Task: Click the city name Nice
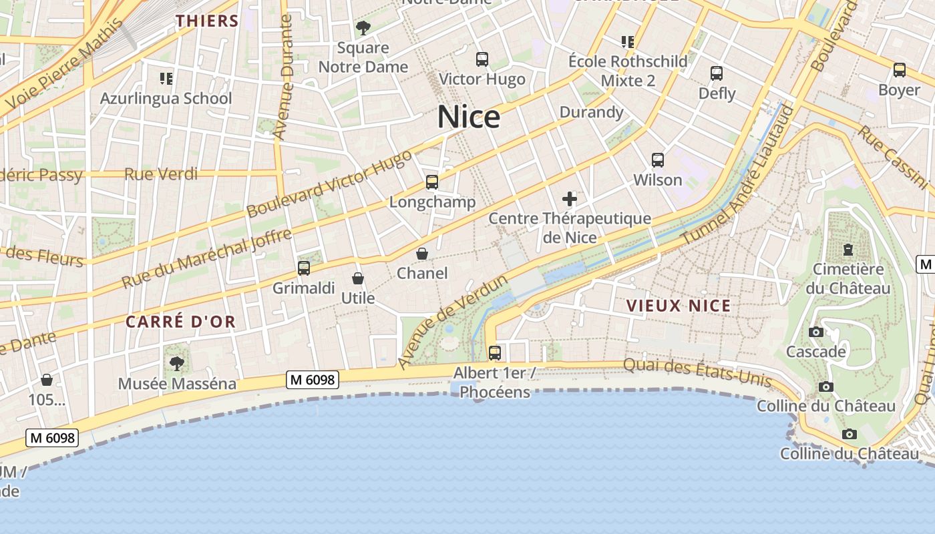click(x=469, y=117)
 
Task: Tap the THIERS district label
click(x=207, y=21)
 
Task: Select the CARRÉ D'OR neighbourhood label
click(x=181, y=322)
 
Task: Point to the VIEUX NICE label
click(x=678, y=306)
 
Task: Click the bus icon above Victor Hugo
click(x=482, y=59)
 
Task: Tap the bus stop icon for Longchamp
click(x=432, y=182)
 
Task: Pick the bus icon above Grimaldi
click(x=304, y=268)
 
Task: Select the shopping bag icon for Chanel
click(x=422, y=254)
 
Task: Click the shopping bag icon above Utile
click(x=358, y=278)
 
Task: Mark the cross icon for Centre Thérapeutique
click(x=570, y=199)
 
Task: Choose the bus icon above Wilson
click(x=658, y=160)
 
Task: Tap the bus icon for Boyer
click(x=900, y=69)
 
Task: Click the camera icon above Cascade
click(x=815, y=332)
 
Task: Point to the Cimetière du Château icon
click(x=848, y=250)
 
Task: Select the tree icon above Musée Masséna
click(x=177, y=364)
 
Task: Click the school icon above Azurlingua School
click(x=166, y=79)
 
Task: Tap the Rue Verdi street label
click(x=161, y=174)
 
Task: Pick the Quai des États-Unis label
click(x=697, y=372)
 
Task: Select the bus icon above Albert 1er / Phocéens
click(x=495, y=352)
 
